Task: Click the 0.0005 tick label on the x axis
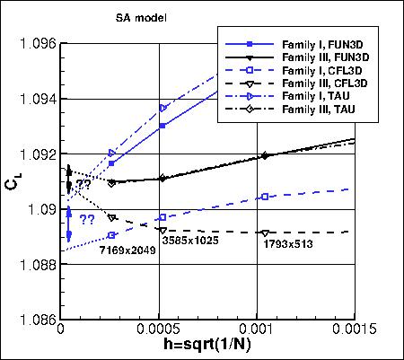160,330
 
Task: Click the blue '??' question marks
88,219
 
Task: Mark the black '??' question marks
83,185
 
